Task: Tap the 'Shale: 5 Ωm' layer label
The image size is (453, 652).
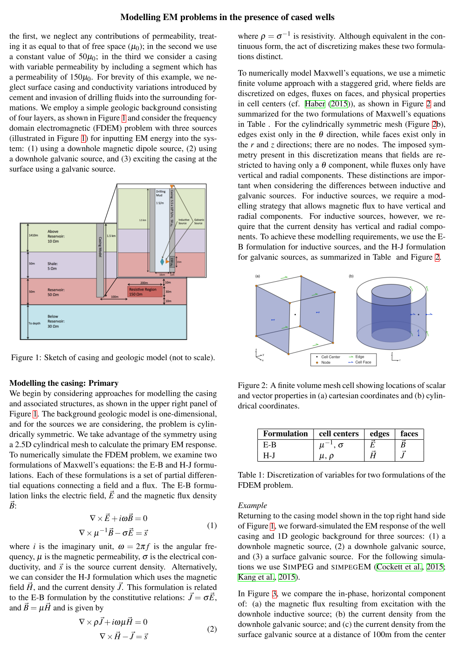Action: click(52, 266)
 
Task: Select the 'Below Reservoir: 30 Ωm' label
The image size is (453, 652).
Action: click(56, 321)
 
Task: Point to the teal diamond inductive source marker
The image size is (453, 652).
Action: click(162, 262)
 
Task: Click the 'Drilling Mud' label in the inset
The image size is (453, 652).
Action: click(160, 193)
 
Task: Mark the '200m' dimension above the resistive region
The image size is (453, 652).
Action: click(144, 283)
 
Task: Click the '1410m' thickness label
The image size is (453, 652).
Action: click(34, 236)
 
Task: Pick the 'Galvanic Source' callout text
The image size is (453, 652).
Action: click(199, 222)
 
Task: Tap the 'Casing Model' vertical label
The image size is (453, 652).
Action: click(100, 247)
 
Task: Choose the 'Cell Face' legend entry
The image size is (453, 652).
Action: click(363, 362)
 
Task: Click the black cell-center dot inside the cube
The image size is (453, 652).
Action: click(295, 315)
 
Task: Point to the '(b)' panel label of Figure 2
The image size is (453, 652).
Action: click(351, 276)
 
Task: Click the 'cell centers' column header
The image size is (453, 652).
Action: click(338, 434)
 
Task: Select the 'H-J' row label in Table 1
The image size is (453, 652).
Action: click(269, 455)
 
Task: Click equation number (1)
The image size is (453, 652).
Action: click(212, 525)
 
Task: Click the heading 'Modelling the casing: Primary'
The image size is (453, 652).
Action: click(64, 383)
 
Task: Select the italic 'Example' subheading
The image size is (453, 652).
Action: click(252, 505)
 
